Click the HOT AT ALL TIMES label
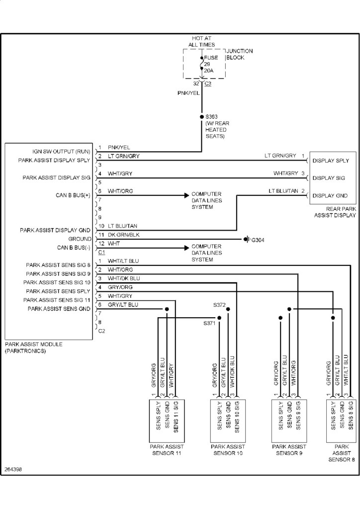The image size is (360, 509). (x=202, y=41)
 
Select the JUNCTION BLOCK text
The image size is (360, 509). (x=239, y=54)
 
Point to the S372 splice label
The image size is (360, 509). (x=220, y=304)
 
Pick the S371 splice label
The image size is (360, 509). (x=209, y=324)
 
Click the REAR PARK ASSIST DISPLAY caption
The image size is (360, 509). (x=335, y=212)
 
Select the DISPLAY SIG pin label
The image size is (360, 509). (x=330, y=178)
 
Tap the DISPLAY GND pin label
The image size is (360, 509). (x=330, y=195)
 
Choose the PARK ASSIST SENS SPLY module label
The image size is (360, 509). (x=58, y=291)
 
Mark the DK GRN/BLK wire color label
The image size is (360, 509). (x=124, y=234)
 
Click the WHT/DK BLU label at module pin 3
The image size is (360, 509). (x=124, y=278)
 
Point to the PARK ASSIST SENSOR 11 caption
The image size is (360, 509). (x=167, y=450)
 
